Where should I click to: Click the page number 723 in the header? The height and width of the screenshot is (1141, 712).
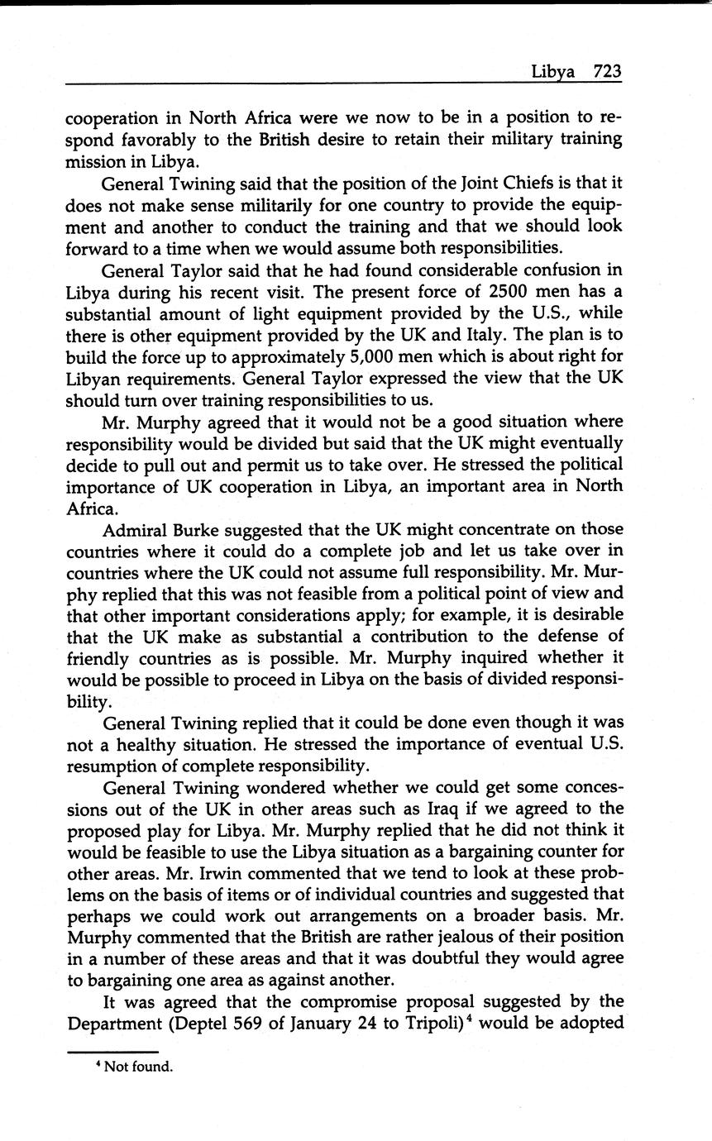[x=606, y=71]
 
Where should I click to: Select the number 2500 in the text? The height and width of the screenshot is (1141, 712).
[x=512, y=292]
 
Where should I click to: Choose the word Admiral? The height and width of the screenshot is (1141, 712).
[x=136, y=528]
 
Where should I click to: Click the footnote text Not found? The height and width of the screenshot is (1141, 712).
[x=138, y=1067]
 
